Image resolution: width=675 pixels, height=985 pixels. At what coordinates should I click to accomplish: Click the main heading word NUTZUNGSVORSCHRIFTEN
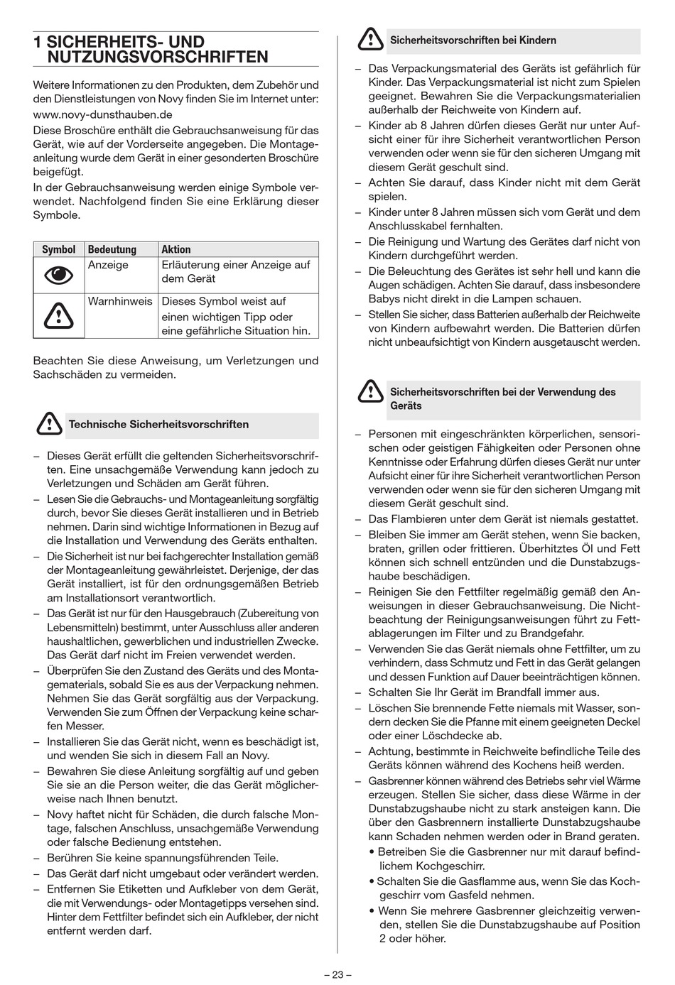click(158, 58)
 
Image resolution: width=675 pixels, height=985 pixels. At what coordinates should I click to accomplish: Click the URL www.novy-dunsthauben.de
click(103, 114)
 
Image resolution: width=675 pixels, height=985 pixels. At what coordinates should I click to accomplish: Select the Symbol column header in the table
click(59, 249)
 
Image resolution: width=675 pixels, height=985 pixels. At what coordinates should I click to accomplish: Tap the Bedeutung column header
click(112, 249)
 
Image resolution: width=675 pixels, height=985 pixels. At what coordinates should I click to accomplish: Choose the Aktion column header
click(176, 249)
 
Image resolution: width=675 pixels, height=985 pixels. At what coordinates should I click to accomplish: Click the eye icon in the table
click(58, 276)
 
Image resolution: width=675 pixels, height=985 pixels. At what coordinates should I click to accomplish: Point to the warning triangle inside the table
click(58, 315)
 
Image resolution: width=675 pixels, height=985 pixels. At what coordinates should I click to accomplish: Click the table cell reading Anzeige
click(108, 265)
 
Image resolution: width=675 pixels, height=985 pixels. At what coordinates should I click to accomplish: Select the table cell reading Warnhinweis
click(119, 301)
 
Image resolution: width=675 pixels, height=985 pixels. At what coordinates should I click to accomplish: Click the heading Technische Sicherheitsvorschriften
click(158, 425)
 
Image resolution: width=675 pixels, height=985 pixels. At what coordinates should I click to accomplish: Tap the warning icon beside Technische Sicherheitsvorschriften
click(49, 424)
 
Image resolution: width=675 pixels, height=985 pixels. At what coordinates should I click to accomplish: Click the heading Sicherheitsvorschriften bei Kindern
click(472, 40)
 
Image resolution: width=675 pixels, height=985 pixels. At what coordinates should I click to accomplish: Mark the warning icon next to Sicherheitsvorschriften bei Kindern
click(370, 40)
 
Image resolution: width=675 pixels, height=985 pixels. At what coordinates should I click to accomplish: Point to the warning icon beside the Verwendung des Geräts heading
click(370, 392)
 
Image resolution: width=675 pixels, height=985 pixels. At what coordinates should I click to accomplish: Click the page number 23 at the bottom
click(337, 974)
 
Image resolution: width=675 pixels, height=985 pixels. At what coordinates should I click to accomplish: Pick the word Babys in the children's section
click(384, 299)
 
